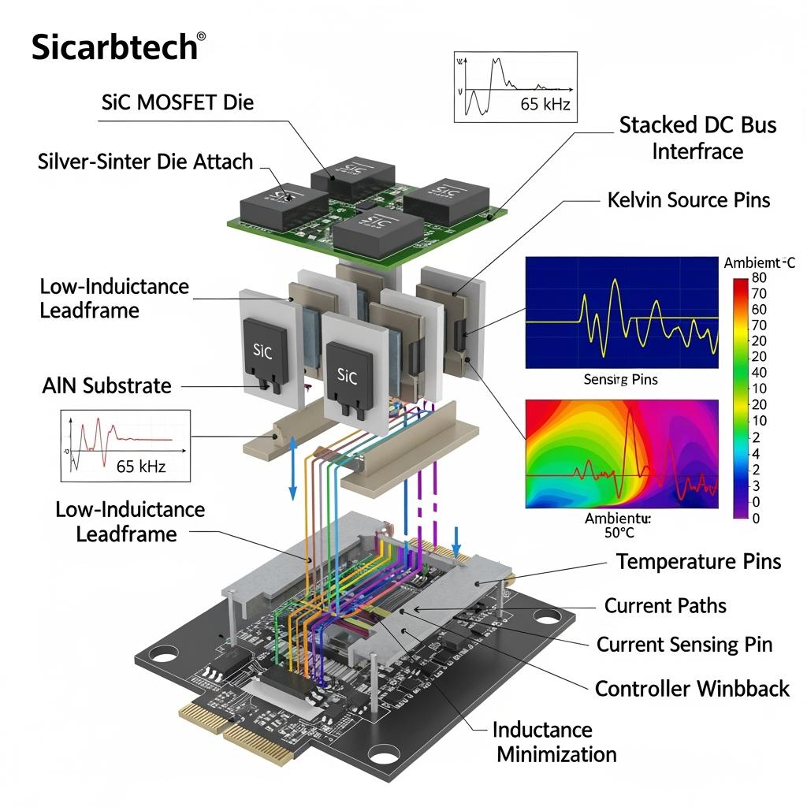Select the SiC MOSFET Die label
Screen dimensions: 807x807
[x=178, y=102]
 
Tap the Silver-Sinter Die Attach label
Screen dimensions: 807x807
[x=145, y=162]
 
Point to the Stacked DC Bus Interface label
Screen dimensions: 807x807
[x=697, y=137]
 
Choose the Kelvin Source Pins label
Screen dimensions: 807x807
[x=689, y=199]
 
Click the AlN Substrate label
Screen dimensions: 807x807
[x=106, y=385]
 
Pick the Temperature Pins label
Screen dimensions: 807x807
[x=698, y=561]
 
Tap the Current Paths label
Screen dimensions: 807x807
[x=665, y=605]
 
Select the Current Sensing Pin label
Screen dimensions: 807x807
[x=684, y=644]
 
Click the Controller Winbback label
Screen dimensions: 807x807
[x=691, y=689]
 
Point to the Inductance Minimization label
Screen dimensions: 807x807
[x=555, y=742]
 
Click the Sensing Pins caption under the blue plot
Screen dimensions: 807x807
[x=620, y=380]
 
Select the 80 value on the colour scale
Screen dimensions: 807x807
[x=760, y=277]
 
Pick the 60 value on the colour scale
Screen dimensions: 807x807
[x=760, y=309]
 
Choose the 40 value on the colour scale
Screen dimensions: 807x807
[x=760, y=372]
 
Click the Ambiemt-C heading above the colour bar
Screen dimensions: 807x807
[x=759, y=263]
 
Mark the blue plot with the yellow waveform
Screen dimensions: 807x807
[x=622, y=312]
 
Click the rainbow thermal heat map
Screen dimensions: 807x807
[x=622, y=453]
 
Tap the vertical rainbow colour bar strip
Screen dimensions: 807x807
[x=740, y=398]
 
